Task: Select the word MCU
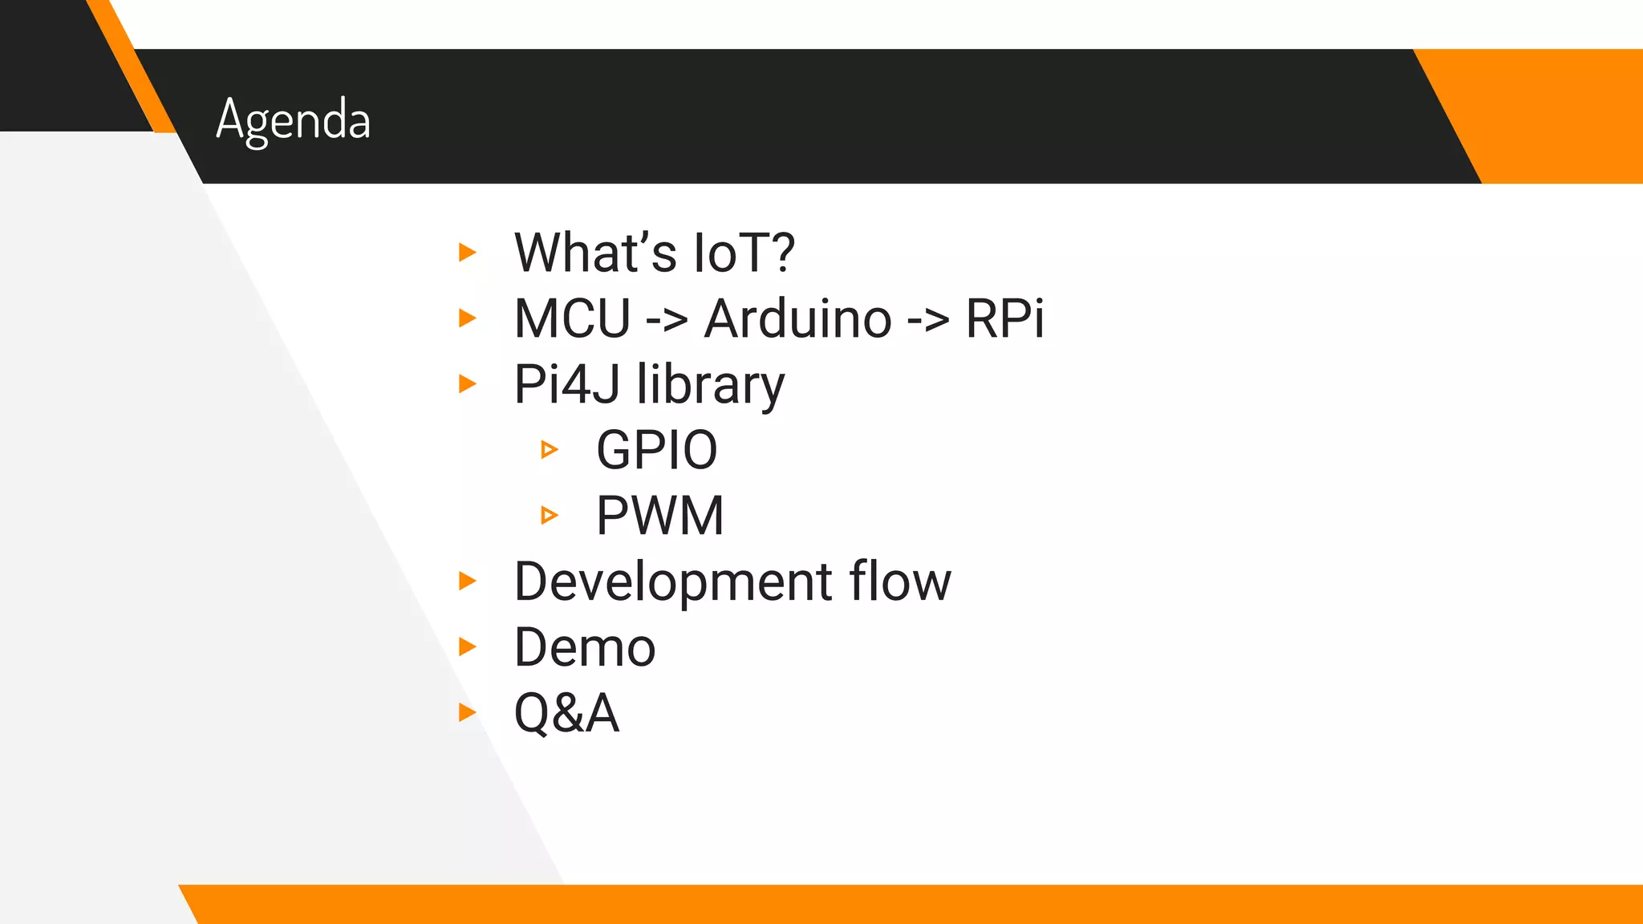(x=572, y=319)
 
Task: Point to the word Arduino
(x=797, y=319)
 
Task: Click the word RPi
(x=1004, y=319)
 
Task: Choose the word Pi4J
(x=566, y=385)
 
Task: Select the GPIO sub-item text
(x=656, y=451)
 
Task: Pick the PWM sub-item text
(x=659, y=516)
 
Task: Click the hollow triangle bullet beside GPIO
(x=549, y=450)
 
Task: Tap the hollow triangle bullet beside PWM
(x=549, y=515)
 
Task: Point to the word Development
(x=673, y=582)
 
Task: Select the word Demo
(x=585, y=648)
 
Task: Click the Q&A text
(x=566, y=714)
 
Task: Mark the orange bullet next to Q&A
(x=467, y=712)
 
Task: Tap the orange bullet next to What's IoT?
(x=467, y=253)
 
